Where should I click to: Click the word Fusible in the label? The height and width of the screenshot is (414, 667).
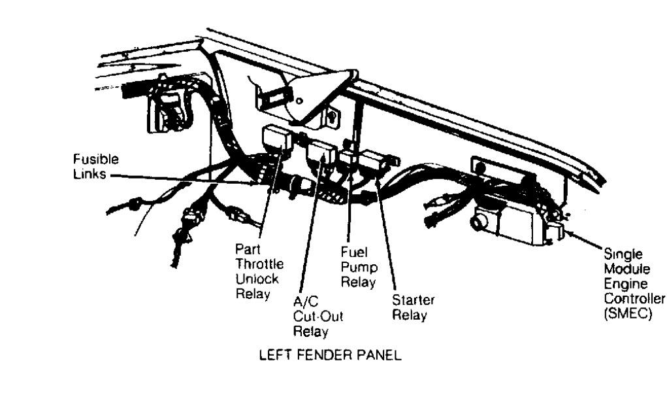[x=91, y=158]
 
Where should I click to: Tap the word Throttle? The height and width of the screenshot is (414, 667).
[x=259, y=264]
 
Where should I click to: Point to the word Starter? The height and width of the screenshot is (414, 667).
[x=413, y=300]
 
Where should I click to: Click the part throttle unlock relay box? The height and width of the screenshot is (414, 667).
[x=276, y=138]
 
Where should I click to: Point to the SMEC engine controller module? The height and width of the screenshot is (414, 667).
[x=510, y=223]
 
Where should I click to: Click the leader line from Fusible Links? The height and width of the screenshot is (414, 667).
[x=183, y=179]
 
